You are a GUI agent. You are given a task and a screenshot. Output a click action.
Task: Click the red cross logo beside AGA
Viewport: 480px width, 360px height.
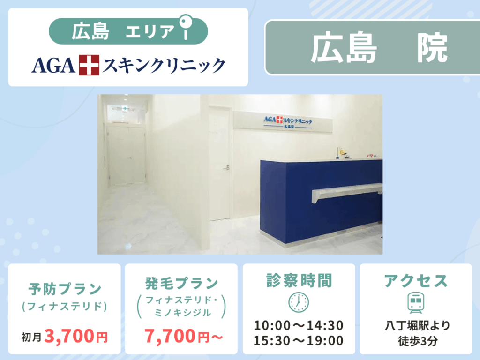click(x=89, y=65)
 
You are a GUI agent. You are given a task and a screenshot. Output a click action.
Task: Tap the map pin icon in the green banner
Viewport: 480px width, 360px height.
click(x=186, y=27)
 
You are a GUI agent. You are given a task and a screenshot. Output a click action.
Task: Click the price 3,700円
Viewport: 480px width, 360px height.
click(x=76, y=336)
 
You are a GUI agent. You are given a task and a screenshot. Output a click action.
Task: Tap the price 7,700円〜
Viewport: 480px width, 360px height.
click(x=183, y=336)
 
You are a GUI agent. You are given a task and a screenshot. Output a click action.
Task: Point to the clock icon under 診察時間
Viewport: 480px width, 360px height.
click(x=299, y=302)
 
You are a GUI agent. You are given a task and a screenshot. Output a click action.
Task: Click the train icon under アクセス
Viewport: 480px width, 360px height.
click(x=416, y=302)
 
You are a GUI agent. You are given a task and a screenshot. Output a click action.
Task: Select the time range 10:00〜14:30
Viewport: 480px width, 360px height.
click(x=299, y=325)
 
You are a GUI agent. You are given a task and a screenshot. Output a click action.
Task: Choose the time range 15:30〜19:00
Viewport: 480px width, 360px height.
click(x=299, y=340)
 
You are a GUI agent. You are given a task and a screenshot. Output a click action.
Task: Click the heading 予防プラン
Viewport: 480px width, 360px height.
click(x=65, y=289)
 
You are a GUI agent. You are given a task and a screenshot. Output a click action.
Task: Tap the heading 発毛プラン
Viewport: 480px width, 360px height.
click(x=181, y=283)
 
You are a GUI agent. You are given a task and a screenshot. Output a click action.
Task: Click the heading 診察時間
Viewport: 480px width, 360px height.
click(x=299, y=280)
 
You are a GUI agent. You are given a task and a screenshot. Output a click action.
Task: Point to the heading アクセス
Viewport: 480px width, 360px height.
click(x=416, y=281)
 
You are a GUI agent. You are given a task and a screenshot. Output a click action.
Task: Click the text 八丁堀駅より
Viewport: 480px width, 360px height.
click(x=417, y=325)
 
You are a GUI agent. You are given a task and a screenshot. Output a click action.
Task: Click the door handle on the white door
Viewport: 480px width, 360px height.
click(x=226, y=167)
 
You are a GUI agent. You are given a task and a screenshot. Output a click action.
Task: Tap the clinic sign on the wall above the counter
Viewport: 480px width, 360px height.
click(x=283, y=121)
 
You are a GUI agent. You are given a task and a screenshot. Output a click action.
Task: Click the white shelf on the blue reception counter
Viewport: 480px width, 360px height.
click(x=347, y=192)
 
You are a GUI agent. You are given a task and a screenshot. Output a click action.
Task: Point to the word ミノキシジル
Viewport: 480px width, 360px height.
click(x=183, y=313)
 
